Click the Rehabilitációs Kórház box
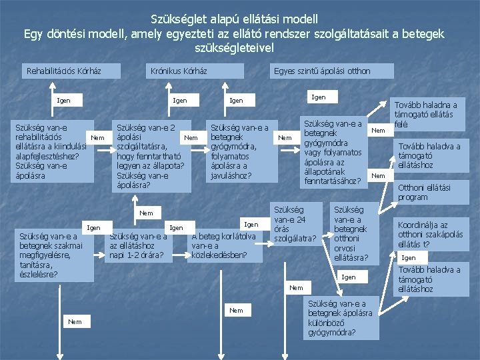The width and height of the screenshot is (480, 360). point(64,71)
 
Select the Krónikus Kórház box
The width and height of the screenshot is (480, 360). point(179,71)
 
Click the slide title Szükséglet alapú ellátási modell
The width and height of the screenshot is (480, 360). point(234,19)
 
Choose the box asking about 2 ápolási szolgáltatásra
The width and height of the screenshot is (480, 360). point(151,155)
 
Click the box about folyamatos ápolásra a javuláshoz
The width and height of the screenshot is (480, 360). point(239,151)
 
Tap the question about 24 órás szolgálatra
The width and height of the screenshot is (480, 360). point(294,223)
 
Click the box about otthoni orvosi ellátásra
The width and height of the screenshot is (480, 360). point(351,233)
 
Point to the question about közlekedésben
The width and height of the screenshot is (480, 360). point(224,245)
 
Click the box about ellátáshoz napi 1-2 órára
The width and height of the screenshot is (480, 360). point(137,245)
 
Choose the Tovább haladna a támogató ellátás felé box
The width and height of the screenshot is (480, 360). point(427,114)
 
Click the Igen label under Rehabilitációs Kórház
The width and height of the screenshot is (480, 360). point(64,101)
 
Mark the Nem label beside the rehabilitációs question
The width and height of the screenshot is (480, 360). point(97,138)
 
